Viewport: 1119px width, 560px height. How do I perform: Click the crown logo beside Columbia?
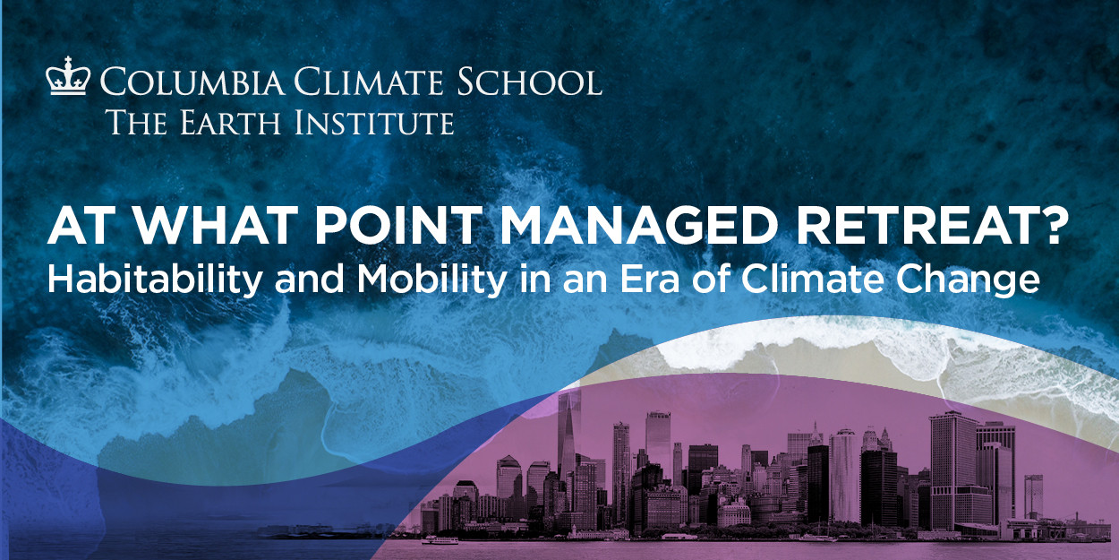point(67,78)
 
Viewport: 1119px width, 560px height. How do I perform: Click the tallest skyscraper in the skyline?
point(568,448)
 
